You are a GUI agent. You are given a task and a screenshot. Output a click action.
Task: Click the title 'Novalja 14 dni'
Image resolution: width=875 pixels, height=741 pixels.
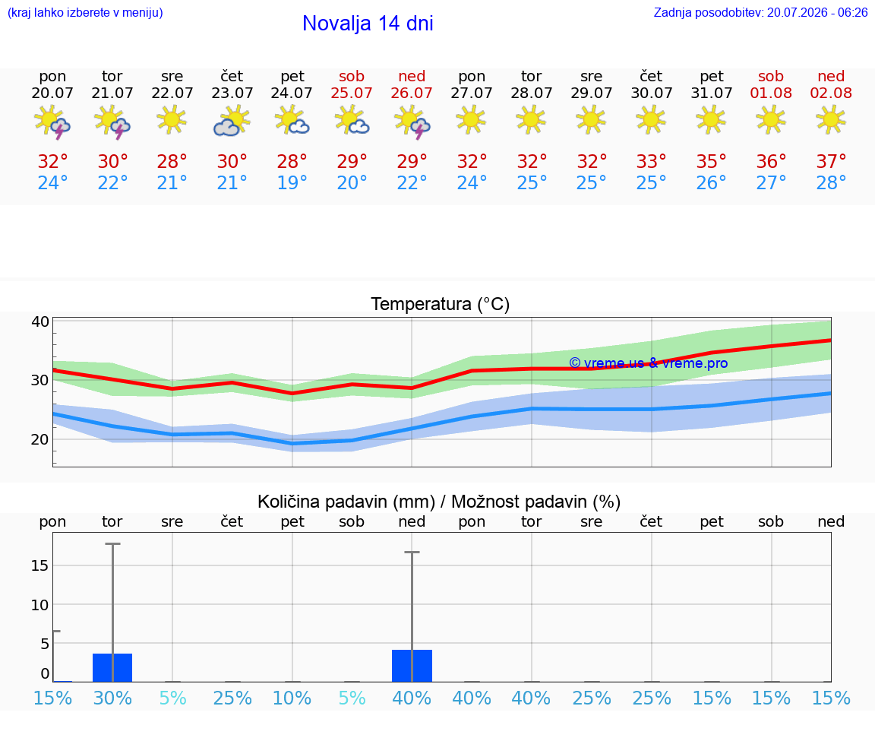click(368, 24)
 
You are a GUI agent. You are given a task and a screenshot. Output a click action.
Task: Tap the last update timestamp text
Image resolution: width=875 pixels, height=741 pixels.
click(760, 12)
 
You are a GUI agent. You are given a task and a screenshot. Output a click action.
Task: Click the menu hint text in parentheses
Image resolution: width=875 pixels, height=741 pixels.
click(85, 12)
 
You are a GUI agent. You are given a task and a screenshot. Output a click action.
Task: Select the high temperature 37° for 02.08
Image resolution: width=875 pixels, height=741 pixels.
click(831, 161)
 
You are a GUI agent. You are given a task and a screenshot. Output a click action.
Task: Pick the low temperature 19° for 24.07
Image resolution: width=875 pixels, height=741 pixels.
click(292, 182)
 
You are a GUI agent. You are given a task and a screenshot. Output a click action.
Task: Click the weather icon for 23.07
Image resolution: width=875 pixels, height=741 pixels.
click(232, 121)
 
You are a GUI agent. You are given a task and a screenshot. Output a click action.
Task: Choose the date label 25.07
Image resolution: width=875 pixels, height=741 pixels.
click(352, 93)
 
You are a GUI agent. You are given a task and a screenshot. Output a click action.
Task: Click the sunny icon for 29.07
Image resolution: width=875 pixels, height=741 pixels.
click(591, 119)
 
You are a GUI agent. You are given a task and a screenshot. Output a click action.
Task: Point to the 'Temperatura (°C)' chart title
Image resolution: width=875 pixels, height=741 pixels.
click(441, 304)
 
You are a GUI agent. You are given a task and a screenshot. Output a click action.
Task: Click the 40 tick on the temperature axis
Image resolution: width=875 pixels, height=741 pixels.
click(40, 321)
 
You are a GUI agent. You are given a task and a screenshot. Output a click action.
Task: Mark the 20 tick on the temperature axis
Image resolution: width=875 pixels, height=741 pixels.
click(40, 439)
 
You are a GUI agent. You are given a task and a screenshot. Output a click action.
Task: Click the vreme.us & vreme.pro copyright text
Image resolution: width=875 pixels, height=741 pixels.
click(649, 363)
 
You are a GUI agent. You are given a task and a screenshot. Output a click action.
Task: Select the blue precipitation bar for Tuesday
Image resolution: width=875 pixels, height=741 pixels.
click(112, 667)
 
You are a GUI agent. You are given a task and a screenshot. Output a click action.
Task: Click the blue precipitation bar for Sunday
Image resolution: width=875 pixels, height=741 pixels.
click(412, 666)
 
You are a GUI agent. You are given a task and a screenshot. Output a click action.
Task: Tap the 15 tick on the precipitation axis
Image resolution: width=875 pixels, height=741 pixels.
click(40, 565)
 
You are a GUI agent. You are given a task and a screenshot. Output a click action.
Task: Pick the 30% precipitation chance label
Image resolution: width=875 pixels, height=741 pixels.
click(112, 698)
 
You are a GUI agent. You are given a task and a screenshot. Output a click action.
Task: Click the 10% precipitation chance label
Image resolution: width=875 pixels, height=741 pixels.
click(292, 698)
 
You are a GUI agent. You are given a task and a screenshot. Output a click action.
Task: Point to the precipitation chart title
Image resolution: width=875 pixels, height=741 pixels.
click(439, 502)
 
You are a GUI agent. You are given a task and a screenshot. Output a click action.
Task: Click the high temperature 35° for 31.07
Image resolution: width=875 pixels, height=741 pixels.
click(711, 161)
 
